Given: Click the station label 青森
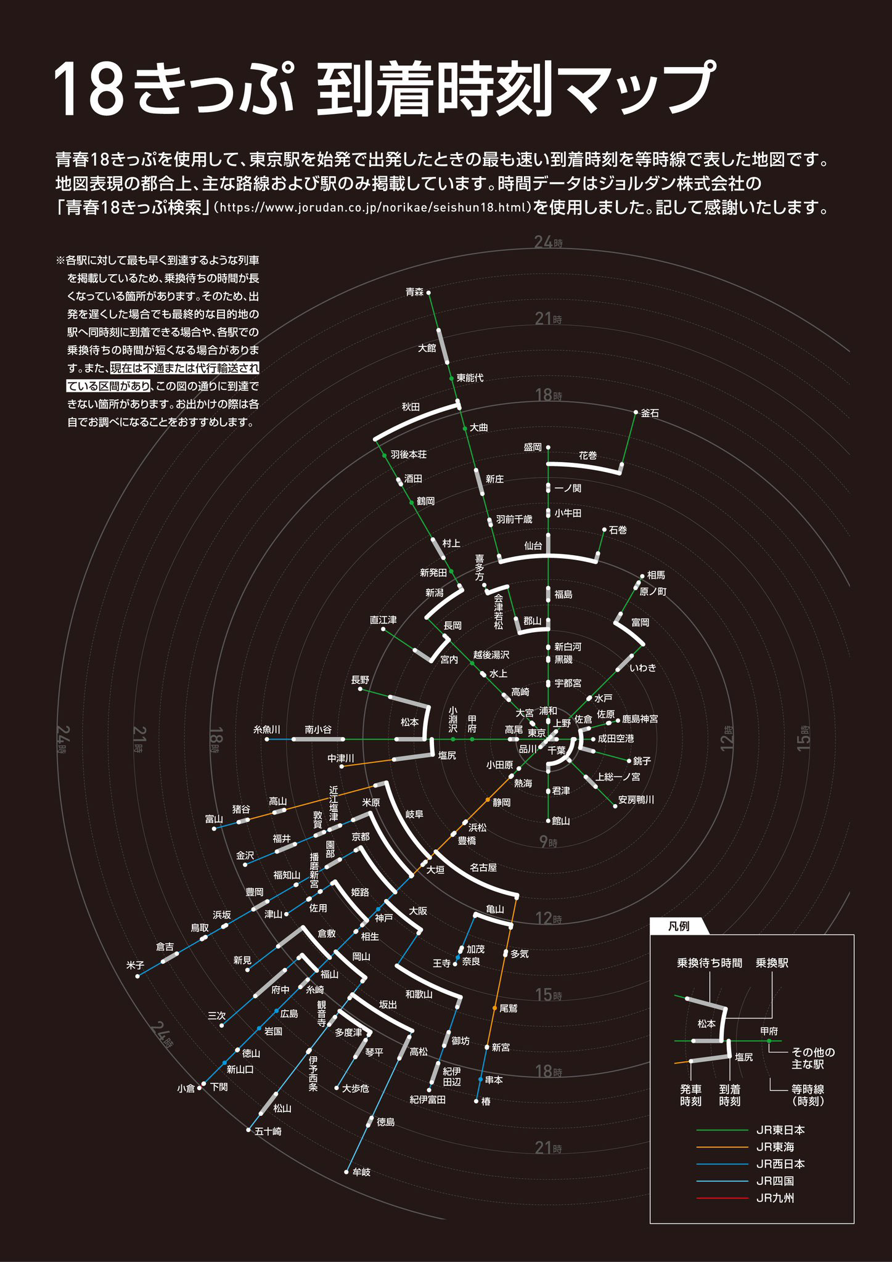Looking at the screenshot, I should click(x=414, y=292).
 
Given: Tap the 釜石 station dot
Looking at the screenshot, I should click(x=636, y=412).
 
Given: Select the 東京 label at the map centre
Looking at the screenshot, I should click(x=536, y=733).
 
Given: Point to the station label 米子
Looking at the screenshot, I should click(x=135, y=965).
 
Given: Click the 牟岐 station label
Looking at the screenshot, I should click(x=361, y=1171).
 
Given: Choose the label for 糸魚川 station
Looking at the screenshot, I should click(x=267, y=729).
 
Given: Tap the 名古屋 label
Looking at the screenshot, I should click(x=483, y=867).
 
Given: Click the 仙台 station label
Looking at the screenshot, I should click(x=533, y=545).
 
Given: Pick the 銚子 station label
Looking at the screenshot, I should click(x=642, y=761).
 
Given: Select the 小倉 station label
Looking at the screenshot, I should click(x=186, y=1088).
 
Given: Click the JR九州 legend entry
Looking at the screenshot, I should click(x=775, y=1198).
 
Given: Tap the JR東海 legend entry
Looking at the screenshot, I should click(x=775, y=1147).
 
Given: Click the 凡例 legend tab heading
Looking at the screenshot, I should click(x=679, y=926).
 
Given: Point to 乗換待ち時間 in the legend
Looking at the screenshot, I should click(x=709, y=963).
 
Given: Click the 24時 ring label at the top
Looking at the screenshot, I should click(x=548, y=242).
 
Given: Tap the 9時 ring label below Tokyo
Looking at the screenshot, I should click(x=548, y=842).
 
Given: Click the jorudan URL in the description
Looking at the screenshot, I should click(x=375, y=208).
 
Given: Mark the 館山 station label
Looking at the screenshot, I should click(x=561, y=821).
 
